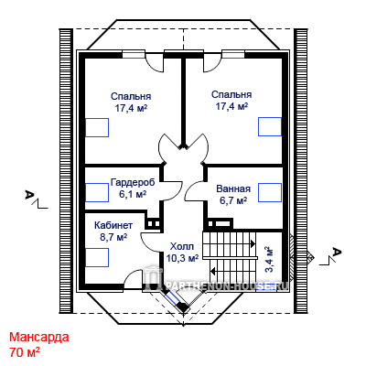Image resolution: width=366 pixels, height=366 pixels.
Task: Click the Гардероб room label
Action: coord(133,182)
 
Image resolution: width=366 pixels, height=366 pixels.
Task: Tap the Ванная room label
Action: coord(233,188)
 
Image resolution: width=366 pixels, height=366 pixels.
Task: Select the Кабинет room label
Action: coord(113,225)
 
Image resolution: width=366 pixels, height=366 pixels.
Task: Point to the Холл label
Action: coord(182,246)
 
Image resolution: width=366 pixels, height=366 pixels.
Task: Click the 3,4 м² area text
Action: coord(269,259)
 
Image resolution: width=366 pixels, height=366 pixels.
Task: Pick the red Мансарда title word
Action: coord(39,338)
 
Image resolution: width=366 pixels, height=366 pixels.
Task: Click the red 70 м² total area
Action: coord(25,352)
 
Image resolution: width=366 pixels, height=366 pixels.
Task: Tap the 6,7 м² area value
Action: coord(233,200)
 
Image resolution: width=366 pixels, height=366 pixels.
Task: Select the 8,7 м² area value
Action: coord(113,237)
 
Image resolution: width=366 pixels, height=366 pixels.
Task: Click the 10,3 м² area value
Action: coord(182,258)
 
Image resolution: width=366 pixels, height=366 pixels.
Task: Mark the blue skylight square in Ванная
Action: coord(270,192)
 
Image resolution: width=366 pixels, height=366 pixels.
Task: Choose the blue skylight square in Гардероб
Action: coord(97,192)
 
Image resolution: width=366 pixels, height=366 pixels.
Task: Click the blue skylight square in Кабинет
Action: coord(97,257)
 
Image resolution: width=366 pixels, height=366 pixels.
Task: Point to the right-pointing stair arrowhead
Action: coord(253,243)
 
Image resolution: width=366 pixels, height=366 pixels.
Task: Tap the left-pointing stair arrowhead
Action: coord(213,270)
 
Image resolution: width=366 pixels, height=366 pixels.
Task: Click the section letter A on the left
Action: coord(29,194)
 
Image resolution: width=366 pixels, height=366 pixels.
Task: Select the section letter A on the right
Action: coord(337,252)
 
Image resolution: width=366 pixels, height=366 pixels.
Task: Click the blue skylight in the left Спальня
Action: coord(97,127)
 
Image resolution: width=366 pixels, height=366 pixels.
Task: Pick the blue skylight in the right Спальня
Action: coord(270,126)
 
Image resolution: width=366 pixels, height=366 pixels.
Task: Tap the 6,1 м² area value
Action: coord(133,194)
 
